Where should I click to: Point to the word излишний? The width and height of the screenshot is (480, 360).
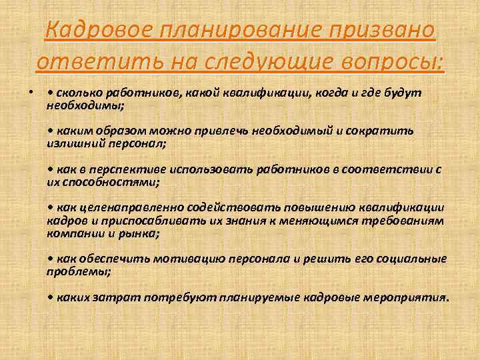[x=73, y=142]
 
